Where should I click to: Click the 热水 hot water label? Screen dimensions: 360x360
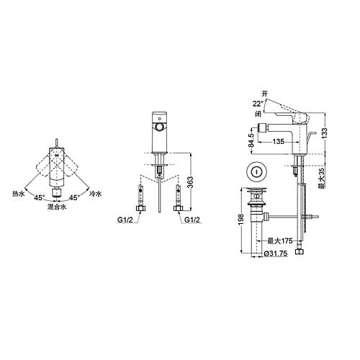tap(19, 194)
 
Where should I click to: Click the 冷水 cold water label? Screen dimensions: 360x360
tap(95, 194)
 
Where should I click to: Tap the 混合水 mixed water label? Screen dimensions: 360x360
tap(57, 207)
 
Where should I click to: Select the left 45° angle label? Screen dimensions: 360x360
tap(39, 198)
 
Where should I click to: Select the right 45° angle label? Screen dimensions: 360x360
tap(74, 198)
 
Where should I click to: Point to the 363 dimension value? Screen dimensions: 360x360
tap(190, 183)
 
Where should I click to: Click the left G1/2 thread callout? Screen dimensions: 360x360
tap(125, 220)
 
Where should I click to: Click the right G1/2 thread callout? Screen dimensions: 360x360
tap(192, 220)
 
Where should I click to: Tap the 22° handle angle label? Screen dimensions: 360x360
tap(258, 104)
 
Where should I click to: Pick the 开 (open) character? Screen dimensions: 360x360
tap(264, 94)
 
